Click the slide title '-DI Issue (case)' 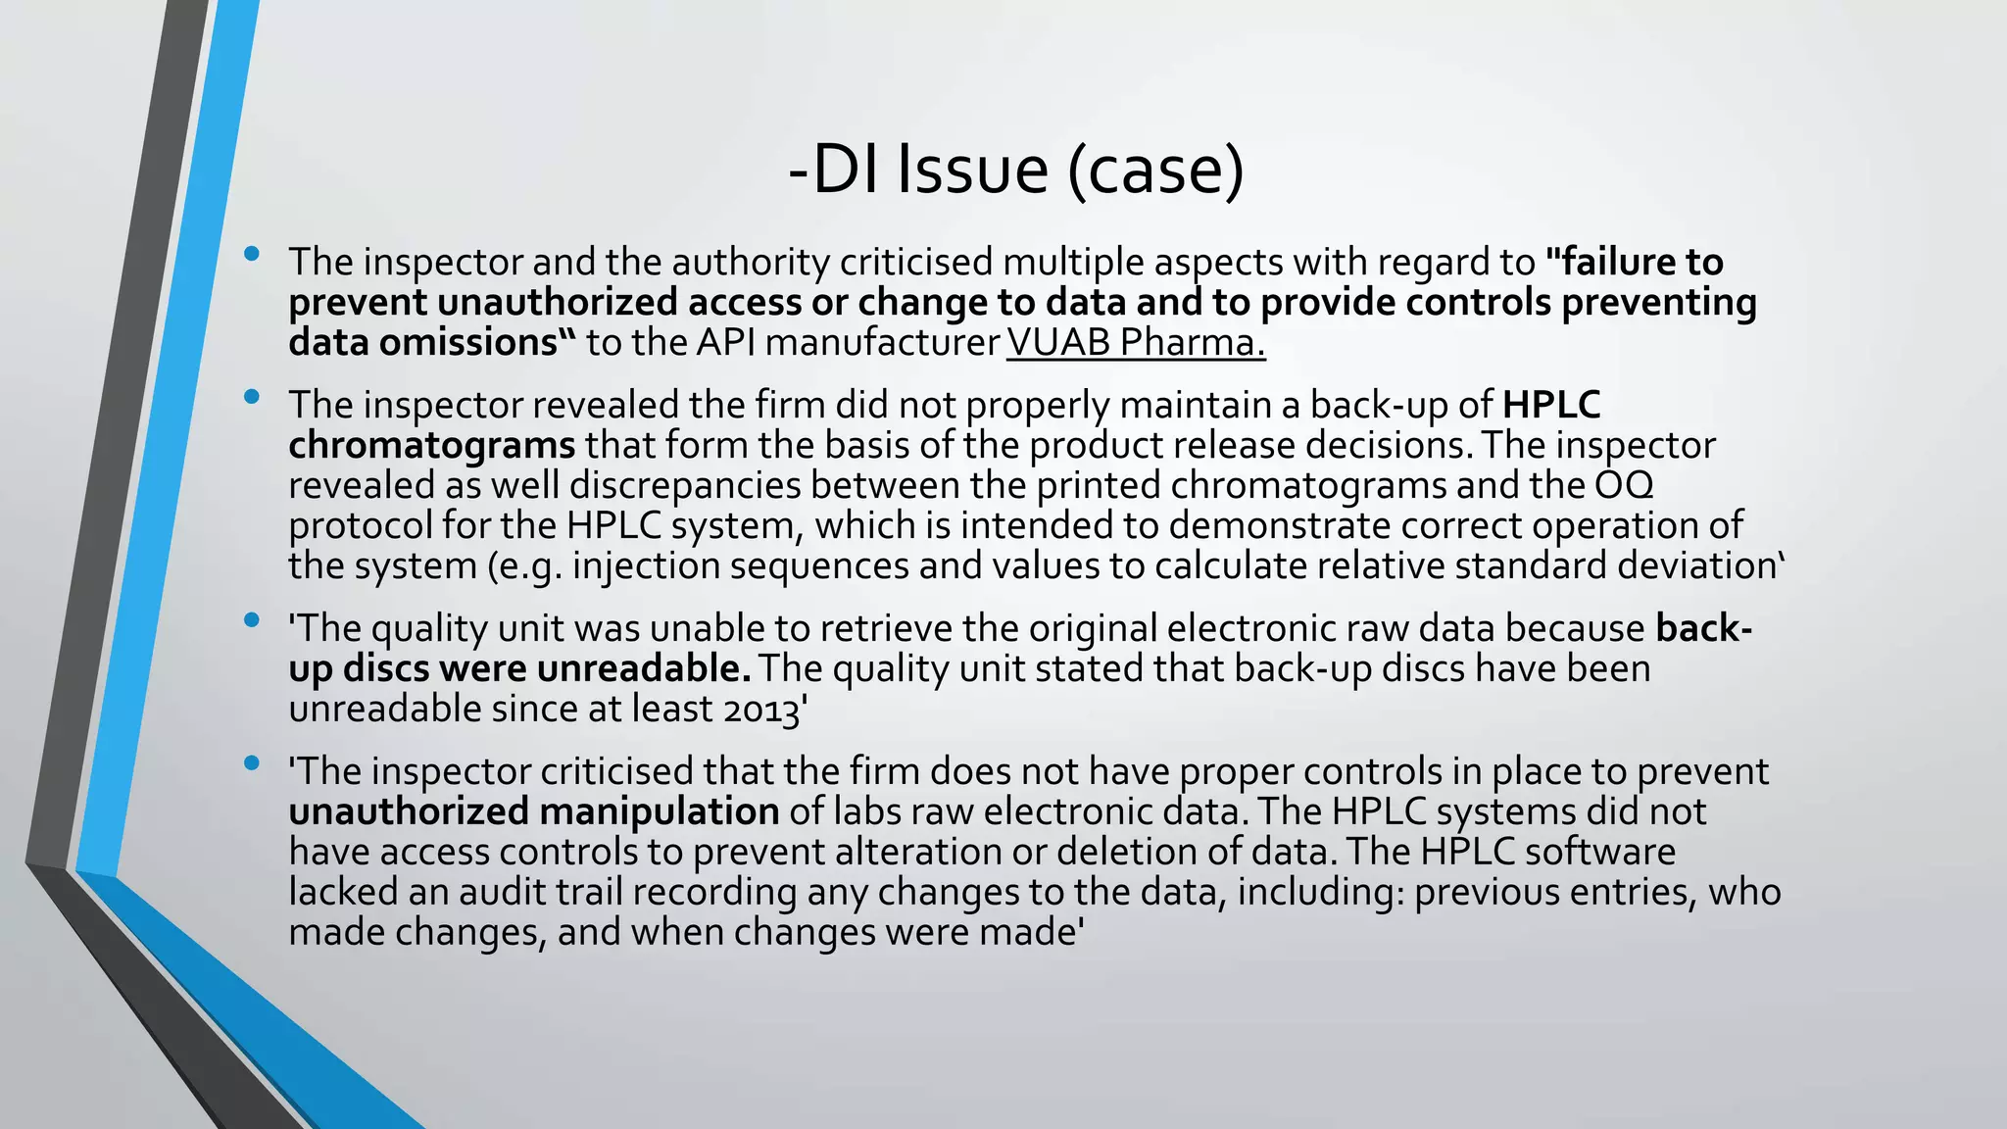(1016, 171)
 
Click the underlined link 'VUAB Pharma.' (1136, 342)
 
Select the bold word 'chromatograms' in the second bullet (431, 446)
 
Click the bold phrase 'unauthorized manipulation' (534, 811)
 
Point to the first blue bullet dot (253, 255)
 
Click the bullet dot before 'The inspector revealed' (253, 397)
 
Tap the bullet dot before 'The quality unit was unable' (253, 620)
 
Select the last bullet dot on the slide (253, 762)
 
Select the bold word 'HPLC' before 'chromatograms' (1551, 405)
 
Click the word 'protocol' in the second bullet (360, 526)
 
